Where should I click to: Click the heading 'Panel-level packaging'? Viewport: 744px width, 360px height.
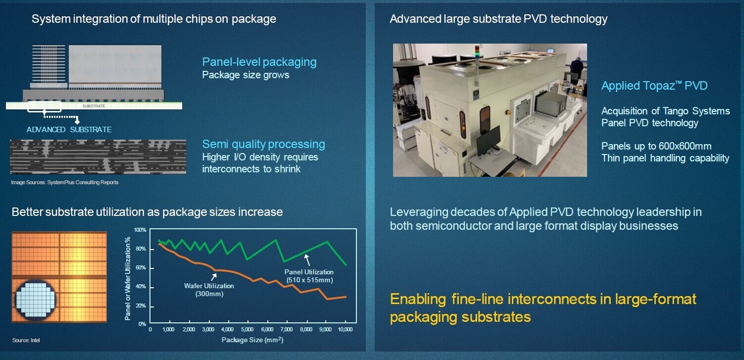(x=259, y=62)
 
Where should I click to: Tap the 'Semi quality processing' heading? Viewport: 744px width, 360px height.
(x=263, y=144)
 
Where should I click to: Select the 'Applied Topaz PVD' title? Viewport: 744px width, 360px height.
(x=654, y=86)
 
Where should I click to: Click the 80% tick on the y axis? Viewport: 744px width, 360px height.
(x=141, y=249)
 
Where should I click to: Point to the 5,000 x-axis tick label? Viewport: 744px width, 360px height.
(x=248, y=330)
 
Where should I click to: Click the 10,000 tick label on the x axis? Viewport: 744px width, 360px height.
(x=345, y=330)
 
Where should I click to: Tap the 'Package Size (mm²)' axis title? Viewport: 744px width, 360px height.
(x=252, y=340)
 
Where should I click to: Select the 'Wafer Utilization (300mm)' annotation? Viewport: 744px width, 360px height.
(x=209, y=289)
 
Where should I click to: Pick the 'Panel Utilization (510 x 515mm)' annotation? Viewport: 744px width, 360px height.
(x=309, y=275)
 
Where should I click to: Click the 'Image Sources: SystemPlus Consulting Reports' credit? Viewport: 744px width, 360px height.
(x=64, y=182)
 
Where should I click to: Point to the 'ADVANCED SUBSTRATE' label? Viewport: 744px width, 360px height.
(x=69, y=129)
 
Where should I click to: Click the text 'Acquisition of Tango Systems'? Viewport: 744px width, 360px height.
(x=665, y=111)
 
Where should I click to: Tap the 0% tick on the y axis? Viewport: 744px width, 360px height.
(x=142, y=324)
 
